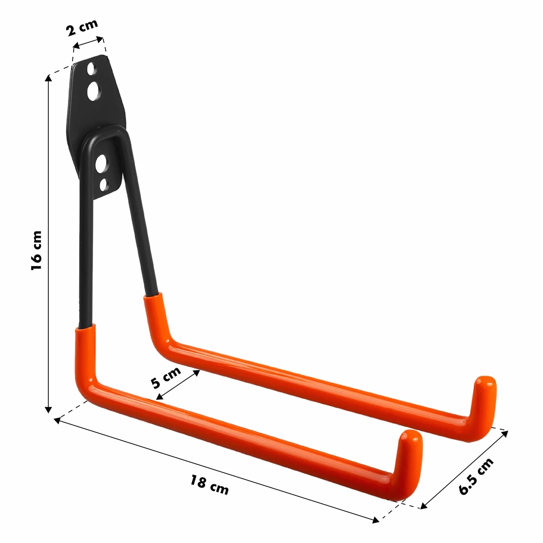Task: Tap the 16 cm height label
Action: (x=37, y=250)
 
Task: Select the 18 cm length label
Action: (x=209, y=484)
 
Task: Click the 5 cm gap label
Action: (x=166, y=378)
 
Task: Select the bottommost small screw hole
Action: (x=104, y=185)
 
